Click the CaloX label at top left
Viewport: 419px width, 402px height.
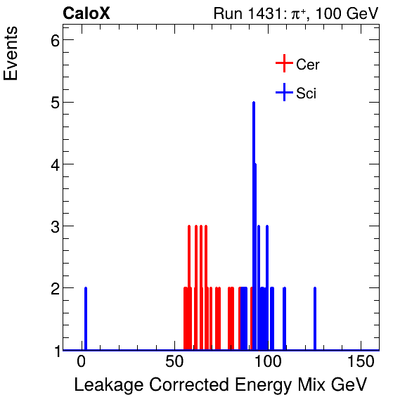[86, 13]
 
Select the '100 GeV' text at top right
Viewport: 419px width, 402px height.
[347, 13]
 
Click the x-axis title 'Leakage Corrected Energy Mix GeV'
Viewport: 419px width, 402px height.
[220, 384]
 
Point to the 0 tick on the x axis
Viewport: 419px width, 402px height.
[82, 362]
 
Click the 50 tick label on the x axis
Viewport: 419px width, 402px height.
[174, 362]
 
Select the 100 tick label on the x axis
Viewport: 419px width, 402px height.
[267, 362]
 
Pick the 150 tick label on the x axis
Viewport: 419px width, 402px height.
[360, 362]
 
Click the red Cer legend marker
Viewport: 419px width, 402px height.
[283, 64]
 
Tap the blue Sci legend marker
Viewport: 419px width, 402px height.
[283, 92]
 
